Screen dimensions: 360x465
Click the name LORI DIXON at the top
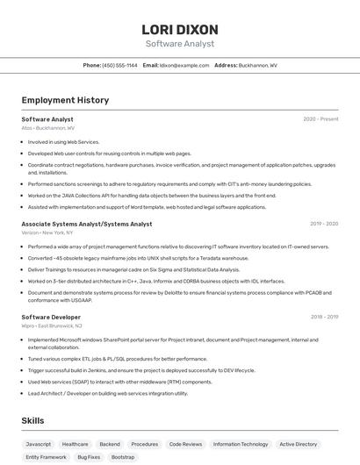tap(179, 30)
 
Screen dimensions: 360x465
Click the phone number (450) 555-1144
tap(119, 65)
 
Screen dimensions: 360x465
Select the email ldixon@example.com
tap(184, 65)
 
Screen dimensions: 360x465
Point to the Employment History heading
tap(65, 100)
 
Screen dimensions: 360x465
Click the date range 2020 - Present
tap(320, 118)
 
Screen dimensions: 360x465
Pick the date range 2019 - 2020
tap(324, 224)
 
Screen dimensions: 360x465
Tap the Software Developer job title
tap(51, 317)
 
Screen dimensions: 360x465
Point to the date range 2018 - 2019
tap(324, 317)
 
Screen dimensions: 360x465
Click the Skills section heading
tap(32, 421)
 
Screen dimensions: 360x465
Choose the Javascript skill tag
tap(39, 444)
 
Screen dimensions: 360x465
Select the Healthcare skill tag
tap(75, 444)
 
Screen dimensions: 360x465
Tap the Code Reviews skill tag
tap(185, 444)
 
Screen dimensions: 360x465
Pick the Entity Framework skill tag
tap(46, 457)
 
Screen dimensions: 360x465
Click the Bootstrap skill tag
tap(123, 457)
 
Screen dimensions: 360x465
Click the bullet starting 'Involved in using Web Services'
tap(63, 141)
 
